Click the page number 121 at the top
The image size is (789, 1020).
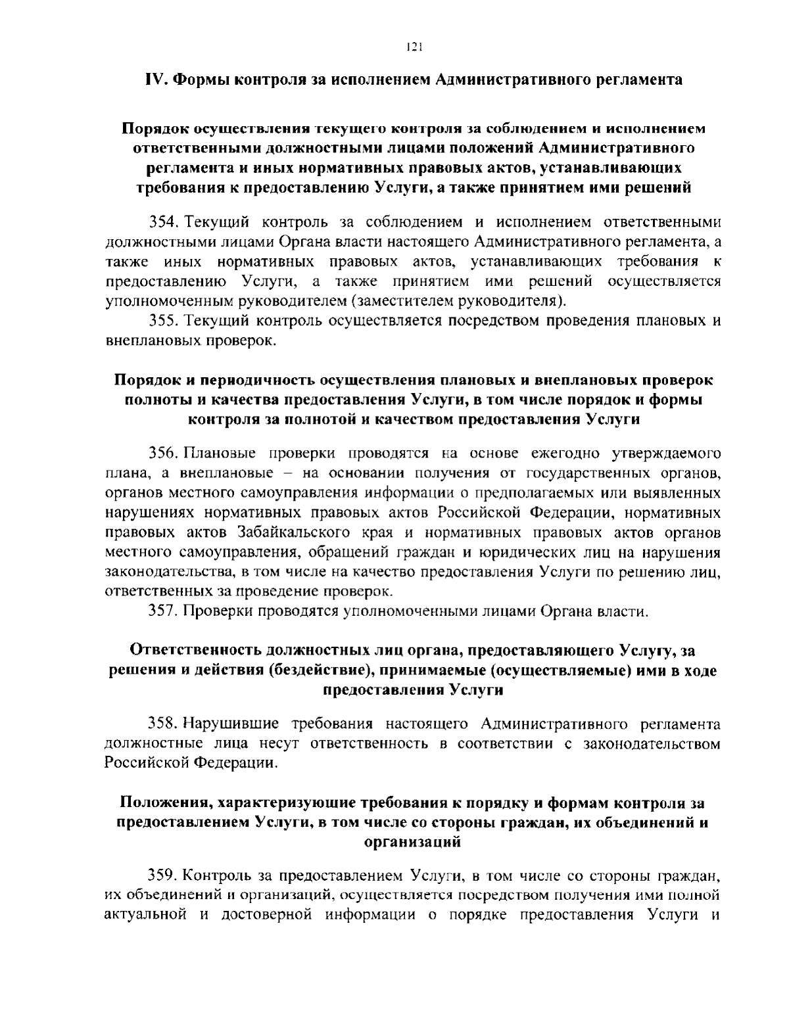tap(413, 47)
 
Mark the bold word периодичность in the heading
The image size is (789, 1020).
tap(260, 381)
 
